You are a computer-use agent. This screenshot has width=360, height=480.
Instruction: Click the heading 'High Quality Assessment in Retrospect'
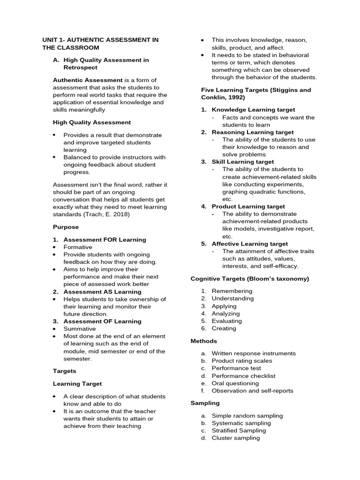click(106, 64)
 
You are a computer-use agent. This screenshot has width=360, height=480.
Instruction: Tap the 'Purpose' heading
click(66, 227)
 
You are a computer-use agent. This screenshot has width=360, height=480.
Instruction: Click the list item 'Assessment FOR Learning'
click(105, 240)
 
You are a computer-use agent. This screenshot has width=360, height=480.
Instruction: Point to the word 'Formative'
click(78, 247)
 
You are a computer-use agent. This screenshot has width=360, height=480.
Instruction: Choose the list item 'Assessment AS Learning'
click(102, 292)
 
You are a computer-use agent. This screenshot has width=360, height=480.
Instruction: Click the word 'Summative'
click(80, 329)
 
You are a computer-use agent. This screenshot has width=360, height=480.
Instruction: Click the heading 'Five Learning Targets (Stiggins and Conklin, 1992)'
click(255, 93)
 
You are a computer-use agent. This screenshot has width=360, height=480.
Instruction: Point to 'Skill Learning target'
click(242, 162)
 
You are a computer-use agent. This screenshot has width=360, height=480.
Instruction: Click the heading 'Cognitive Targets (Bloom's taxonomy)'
click(249, 278)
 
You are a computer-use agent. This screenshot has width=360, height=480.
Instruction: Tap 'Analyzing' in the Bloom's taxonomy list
click(225, 314)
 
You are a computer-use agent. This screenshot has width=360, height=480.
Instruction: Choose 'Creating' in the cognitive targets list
click(224, 329)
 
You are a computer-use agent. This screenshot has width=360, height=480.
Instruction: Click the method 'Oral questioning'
click(235, 383)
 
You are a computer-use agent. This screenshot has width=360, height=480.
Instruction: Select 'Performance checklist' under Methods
click(243, 376)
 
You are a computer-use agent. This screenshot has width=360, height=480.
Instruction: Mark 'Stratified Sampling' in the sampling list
click(239, 430)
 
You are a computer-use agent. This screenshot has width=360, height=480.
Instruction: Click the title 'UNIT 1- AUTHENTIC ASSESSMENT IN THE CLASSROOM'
click(100, 44)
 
